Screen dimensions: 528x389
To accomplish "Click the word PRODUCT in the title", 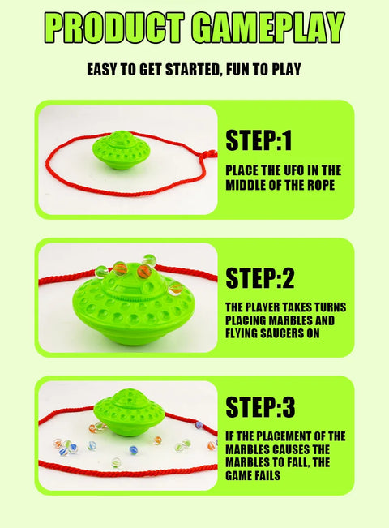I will tap(112, 27).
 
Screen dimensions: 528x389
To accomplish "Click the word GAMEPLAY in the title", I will tap(263, 27).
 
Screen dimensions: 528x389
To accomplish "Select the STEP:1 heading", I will tap(259, 141).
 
